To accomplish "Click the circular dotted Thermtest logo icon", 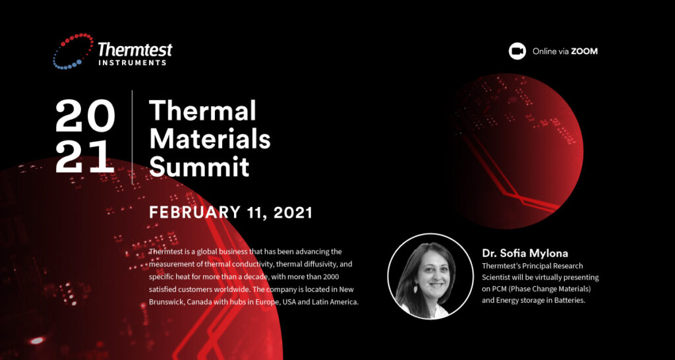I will [73, 51].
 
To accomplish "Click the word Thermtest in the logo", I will [135, 49].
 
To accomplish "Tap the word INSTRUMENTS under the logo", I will [132, 63].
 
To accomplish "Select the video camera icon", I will [517, 51].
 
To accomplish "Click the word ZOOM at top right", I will [584, 51].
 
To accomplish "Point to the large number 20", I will [85, 117].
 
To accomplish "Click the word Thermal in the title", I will [202, 110].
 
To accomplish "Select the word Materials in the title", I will [210, 138].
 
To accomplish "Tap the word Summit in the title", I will [199, 167].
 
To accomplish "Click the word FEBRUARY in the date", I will [195, 212].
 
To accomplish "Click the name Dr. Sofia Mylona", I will [525, 252].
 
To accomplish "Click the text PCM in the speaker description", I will [504, 288].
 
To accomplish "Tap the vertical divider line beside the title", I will [132, 137].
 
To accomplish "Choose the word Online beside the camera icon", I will [545, 51].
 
